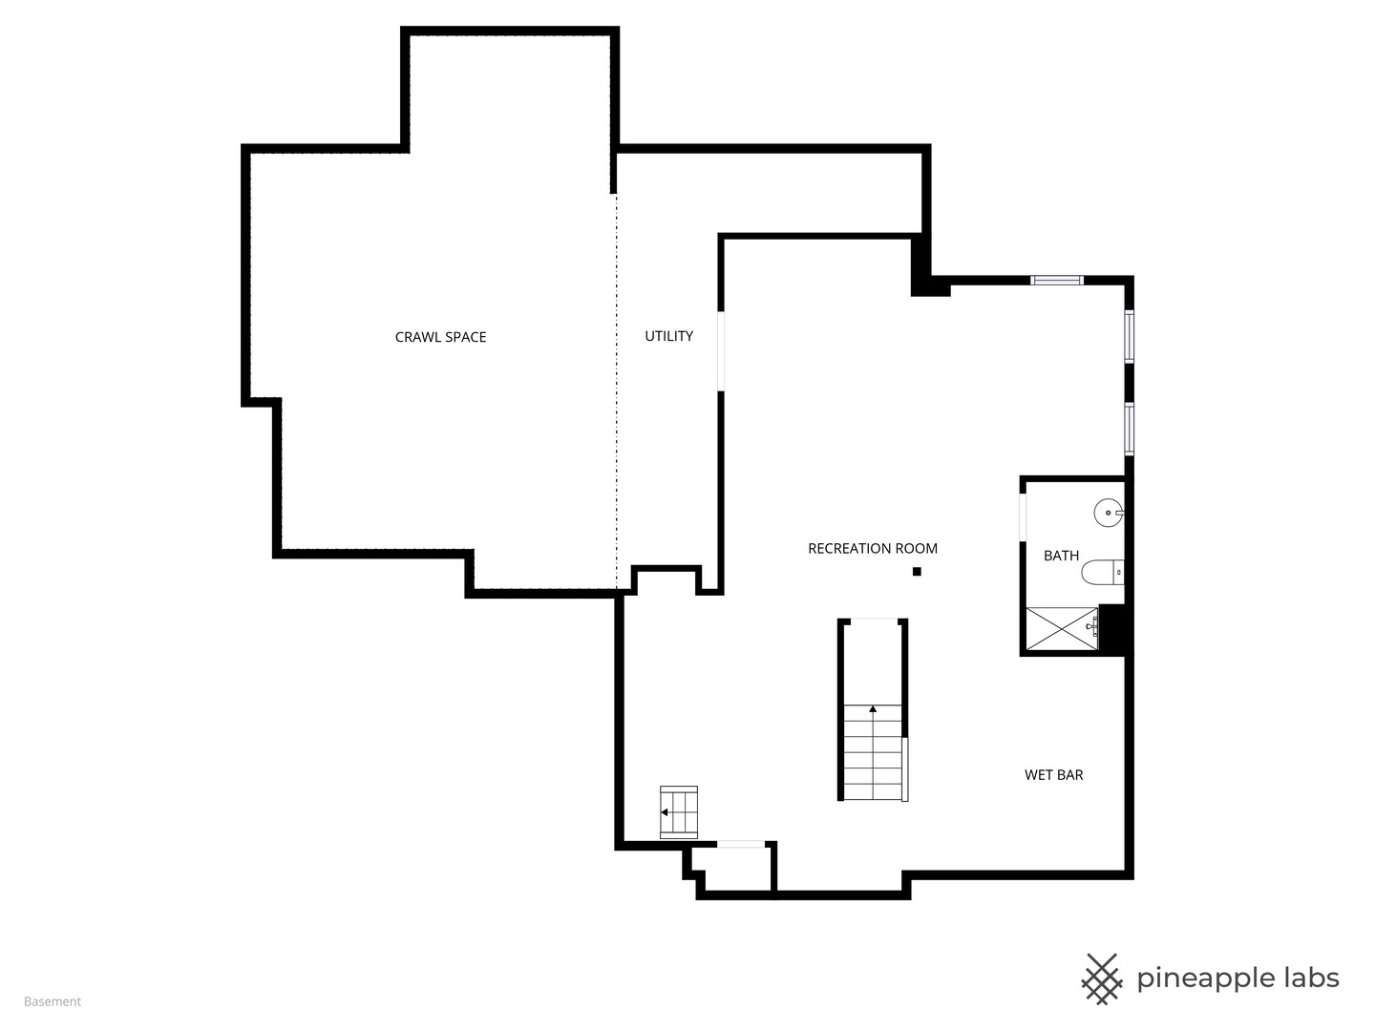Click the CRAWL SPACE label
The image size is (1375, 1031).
(440, 337)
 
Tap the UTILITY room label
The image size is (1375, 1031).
(668, 336)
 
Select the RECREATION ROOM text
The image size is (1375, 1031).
(873, 548)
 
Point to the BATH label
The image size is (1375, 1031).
(1061, 556)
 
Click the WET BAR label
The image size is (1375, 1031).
(1053, 775)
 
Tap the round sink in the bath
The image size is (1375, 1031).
(1108, 513)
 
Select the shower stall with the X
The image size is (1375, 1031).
(1061, 628)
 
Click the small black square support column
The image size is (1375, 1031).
(917, 572)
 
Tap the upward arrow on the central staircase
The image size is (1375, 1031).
(873, 709)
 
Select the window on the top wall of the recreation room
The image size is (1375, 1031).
(1057, 280)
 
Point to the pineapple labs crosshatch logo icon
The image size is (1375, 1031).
(1102, 978)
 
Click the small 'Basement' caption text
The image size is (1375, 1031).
(53, 1001)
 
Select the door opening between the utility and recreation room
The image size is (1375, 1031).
(721, 350)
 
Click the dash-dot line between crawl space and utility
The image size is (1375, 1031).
(616, 391)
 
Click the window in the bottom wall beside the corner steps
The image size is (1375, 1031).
(741, 844)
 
